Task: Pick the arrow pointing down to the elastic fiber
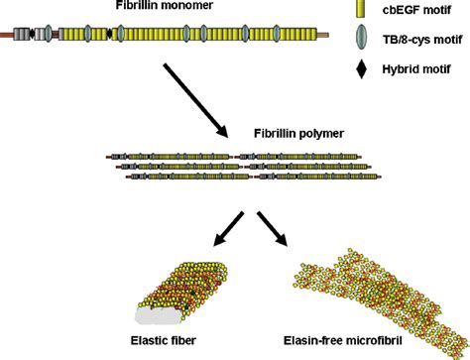(x=226, y=229)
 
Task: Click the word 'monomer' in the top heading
(x=187, y=8)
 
